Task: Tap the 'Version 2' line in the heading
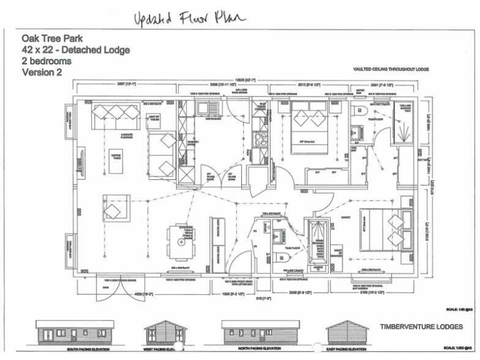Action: tap(42, 72)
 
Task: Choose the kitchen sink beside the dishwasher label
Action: tap(207, 109)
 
